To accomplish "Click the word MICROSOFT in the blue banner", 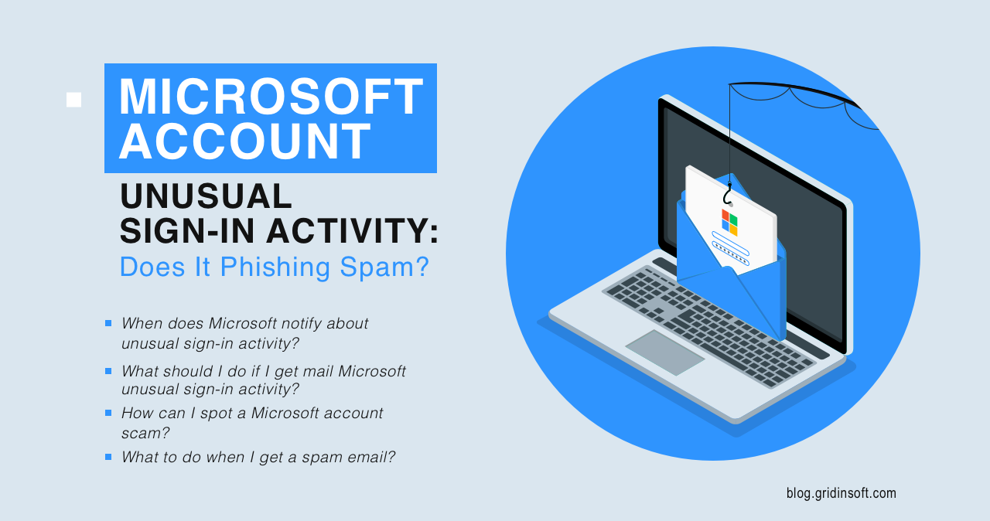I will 271,97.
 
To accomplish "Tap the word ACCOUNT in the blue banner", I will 245,141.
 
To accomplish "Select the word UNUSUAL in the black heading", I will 206,196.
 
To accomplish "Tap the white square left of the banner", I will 73,100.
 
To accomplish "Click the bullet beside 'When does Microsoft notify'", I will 108,323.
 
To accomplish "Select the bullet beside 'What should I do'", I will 108,371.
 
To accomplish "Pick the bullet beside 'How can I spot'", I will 108,413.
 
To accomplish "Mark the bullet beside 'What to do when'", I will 108,457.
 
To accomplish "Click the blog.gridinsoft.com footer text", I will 841,492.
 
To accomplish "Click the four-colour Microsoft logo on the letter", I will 729,222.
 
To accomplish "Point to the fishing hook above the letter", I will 728,194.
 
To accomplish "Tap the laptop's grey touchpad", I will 665,352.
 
